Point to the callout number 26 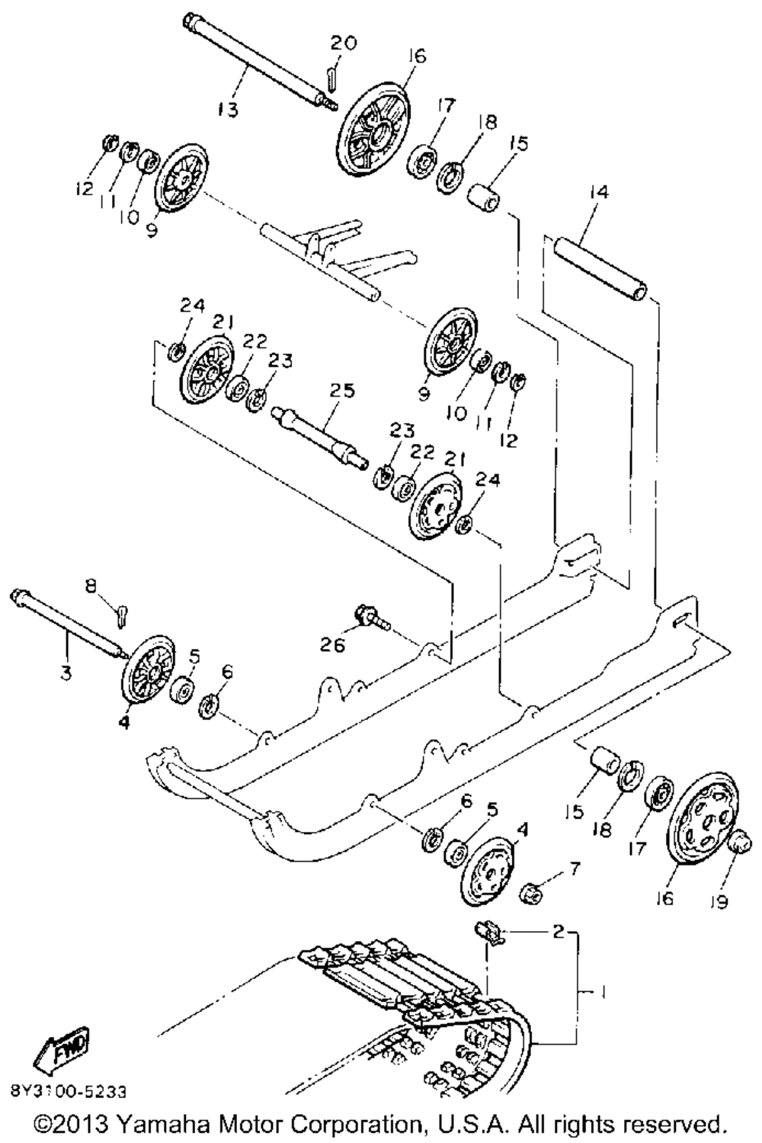click(x=332, y=644)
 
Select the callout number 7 click(x=575, y=866)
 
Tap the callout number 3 click(x=66, y=673)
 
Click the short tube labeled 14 click(x=602, y=269)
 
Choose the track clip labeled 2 click(x=490, y=932)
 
